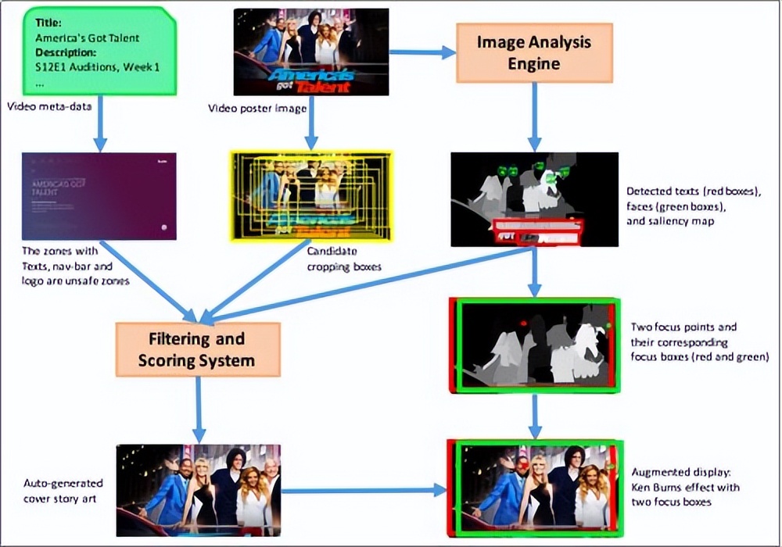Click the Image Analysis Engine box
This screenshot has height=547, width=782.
click(x=534, y=52)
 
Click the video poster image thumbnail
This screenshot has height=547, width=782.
click(x=311, y=52)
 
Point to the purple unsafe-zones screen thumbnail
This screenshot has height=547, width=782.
click(x=99, y=195)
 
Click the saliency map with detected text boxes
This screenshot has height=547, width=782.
click(x=534, y=198)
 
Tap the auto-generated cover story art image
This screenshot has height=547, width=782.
click(x=198, y=490)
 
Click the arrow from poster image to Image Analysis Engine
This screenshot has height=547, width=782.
click(x=421, y=52)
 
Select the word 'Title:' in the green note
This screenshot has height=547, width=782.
click(x=48, y=23)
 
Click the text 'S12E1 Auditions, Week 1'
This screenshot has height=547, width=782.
click(x=98, y=67)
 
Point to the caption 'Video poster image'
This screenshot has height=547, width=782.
click(x=256, y=108)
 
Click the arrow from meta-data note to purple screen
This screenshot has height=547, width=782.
click(x=99, y=130)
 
